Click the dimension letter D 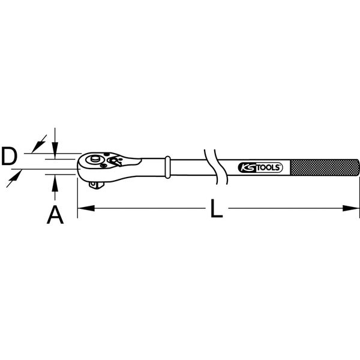pos(8,158)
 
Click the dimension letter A pos(55,214)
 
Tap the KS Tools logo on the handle pos(260,167)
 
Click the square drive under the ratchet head pos(95,184)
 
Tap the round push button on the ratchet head pos(94,160)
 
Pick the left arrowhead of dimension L pos(84,209)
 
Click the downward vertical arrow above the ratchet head pos(55,146)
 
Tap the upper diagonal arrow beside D pos(40,143)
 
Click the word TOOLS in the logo pos(268,168)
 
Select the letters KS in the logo pos(247,168)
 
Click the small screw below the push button pos(104,166)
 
